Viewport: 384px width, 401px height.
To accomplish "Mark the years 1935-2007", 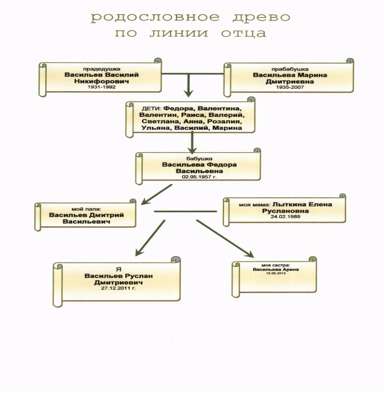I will coord(286,89).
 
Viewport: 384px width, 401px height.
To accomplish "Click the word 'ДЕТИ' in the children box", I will coord(151,108).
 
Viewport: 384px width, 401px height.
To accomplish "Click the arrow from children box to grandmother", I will coord(193,142).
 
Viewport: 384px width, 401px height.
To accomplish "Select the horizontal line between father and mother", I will coord(185,211).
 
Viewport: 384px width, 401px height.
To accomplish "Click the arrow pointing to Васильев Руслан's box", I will coord(149,239).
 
